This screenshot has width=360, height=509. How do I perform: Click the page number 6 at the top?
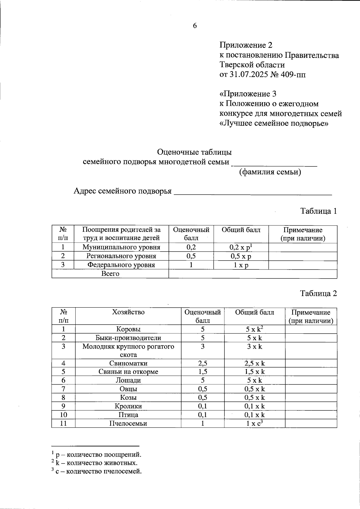[195, 26]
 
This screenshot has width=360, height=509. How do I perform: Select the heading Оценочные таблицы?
[194, 152]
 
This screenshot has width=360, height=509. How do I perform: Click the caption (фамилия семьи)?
[270, 172]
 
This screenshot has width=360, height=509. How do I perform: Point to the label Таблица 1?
[319, 211]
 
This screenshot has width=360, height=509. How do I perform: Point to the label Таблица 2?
[319, 293]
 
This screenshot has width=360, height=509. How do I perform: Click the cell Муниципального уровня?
[121, 247]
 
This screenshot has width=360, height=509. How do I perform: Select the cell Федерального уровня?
[121, 265]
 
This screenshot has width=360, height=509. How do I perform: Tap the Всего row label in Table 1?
[110, 274]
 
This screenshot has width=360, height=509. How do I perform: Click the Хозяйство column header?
[128, 312]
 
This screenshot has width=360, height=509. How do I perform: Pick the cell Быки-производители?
[128, 338]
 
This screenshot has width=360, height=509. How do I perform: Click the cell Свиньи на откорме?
[128, 372]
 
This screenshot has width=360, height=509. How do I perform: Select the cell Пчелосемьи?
[128, 424]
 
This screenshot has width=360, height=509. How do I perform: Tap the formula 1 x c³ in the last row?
[254, 423]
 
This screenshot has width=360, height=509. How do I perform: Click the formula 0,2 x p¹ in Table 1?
[241, 247]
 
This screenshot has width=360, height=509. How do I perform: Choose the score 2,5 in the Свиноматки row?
[202, 364]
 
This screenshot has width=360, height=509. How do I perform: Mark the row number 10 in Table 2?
[63, 415]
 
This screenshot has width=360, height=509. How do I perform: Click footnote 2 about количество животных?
[94, 463]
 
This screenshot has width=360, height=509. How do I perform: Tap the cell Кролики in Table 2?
[128, 406]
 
